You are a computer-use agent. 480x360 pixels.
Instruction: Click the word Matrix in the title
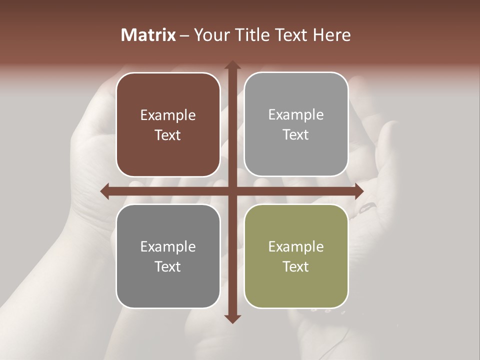148,35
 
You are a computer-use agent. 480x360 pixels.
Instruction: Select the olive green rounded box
296,282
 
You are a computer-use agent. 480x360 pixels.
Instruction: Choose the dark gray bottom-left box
168,282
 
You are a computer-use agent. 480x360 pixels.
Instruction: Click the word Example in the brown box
168,115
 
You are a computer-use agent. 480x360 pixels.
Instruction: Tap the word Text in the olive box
296,266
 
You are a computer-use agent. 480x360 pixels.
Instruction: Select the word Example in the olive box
296,246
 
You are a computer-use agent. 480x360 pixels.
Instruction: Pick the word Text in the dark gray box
168,266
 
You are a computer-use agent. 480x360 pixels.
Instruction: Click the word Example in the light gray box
296,115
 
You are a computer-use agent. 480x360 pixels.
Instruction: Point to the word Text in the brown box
168,135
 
